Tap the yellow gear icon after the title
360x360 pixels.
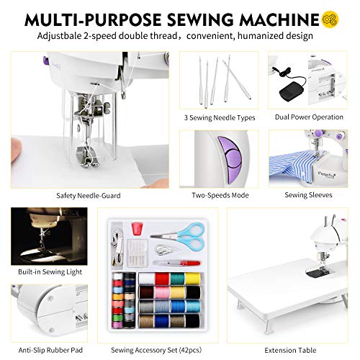[331, 16]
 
